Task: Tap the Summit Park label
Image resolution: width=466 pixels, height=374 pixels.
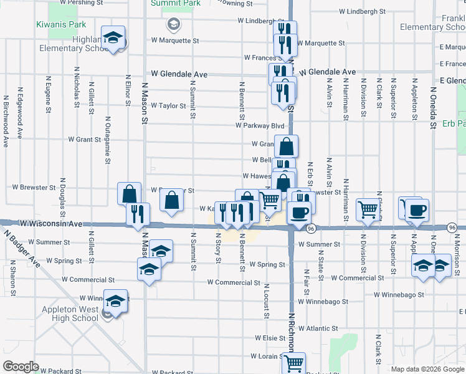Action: (176, 3)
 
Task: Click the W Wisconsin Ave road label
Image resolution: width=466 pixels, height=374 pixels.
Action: (51, 223)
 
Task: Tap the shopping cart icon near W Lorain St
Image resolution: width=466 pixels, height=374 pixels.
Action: (293, 362)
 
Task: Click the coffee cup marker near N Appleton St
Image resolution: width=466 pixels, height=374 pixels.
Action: (417, 209)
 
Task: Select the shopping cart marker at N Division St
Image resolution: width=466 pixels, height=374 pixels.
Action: (368, 209)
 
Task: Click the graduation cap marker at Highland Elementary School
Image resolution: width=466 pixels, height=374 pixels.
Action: (113, 38)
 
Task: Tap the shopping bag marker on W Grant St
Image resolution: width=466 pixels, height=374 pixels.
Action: (286, 147)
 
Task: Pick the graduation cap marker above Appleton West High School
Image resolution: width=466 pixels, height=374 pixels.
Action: (116, 302)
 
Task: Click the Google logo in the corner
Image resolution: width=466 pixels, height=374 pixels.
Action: (21, 367)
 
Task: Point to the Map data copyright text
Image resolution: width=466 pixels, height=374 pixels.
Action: (428, 369)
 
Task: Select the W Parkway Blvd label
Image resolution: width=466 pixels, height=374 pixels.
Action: (260, 125)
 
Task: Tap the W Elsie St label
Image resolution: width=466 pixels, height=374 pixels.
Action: (269, 338)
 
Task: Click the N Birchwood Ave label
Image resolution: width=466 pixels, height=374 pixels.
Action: (6, 121)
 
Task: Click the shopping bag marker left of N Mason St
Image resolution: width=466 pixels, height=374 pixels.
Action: (129, 193)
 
